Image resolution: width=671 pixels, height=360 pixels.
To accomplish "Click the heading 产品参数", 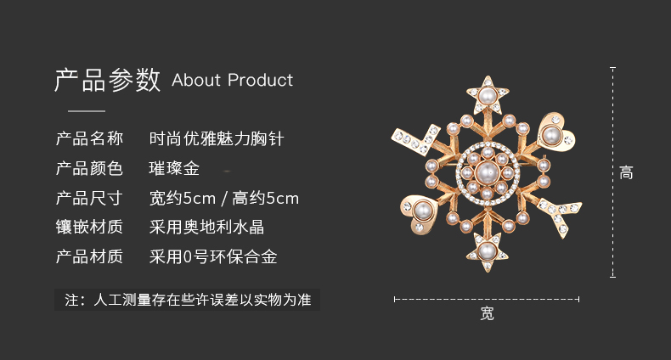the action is pos(107,80).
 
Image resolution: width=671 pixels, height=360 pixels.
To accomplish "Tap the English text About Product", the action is pos(233,80).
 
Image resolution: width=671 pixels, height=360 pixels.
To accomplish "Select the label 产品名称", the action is pos(89,138).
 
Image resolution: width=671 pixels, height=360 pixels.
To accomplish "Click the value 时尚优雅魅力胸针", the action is pos(217,138).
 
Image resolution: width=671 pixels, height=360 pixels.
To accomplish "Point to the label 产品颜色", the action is pos(89,168).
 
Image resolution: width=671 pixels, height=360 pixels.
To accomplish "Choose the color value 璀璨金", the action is pos(174,168).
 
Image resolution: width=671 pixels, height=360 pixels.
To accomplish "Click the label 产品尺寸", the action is pos(89,198).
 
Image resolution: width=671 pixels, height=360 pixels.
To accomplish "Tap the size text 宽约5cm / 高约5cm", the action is pos(224,198).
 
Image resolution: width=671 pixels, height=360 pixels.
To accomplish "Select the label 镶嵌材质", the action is pos(89,227).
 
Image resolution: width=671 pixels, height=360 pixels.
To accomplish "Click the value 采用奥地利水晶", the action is pos(206,227).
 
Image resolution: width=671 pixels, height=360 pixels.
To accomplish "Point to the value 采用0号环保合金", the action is pos(213,256).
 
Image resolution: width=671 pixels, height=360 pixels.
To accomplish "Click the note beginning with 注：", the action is pos(188,300).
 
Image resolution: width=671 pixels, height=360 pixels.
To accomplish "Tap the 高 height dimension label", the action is pos(626,172).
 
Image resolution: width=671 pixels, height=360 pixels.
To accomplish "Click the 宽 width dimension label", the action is pos(487,313).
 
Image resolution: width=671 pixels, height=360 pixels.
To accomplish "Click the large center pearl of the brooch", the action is pos(488,172).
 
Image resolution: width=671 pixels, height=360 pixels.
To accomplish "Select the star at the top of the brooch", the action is pos(488,95).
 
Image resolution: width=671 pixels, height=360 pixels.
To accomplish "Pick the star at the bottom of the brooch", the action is pos(487,252).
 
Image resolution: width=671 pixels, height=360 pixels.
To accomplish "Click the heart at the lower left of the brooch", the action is pos(420,213).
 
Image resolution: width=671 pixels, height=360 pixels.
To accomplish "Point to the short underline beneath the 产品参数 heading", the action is pos(87,111).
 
